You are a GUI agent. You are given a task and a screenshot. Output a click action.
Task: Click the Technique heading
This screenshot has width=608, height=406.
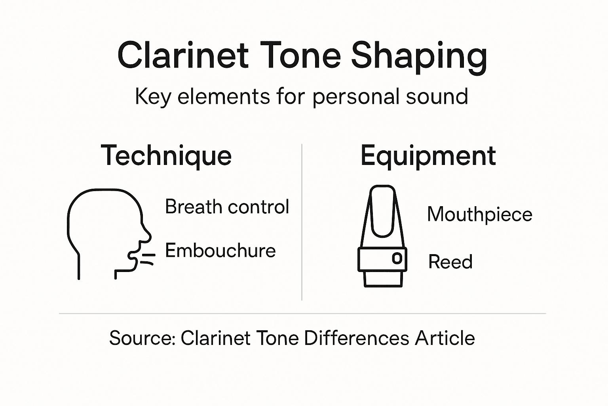166,155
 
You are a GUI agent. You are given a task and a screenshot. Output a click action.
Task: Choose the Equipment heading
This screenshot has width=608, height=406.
428,156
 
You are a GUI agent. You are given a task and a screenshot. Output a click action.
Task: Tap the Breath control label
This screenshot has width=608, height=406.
227,207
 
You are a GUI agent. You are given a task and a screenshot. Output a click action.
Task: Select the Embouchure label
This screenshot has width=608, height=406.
220,251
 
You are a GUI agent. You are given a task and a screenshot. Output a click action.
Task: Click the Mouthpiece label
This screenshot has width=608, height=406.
479,214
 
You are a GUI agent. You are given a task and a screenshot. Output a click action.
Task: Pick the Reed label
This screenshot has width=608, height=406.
450,262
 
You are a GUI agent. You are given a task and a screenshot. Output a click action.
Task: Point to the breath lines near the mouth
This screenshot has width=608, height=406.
148,259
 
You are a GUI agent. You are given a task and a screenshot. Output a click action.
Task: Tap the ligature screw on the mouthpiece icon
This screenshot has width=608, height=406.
397,259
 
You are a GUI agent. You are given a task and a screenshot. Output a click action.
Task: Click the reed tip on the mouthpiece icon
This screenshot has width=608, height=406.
382,190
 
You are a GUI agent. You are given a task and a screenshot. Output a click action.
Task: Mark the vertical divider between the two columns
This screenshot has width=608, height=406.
302,222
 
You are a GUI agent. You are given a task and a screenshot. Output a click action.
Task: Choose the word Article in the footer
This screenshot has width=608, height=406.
445,338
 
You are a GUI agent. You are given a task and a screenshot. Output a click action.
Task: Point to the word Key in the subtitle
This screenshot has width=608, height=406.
152,97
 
